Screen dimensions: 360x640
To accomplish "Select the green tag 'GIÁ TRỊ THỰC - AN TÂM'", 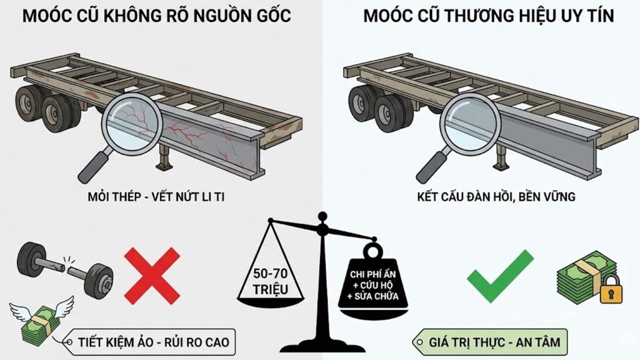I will point(494,342).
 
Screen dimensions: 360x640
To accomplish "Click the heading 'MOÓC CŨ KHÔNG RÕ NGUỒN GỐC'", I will point(157,16).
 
